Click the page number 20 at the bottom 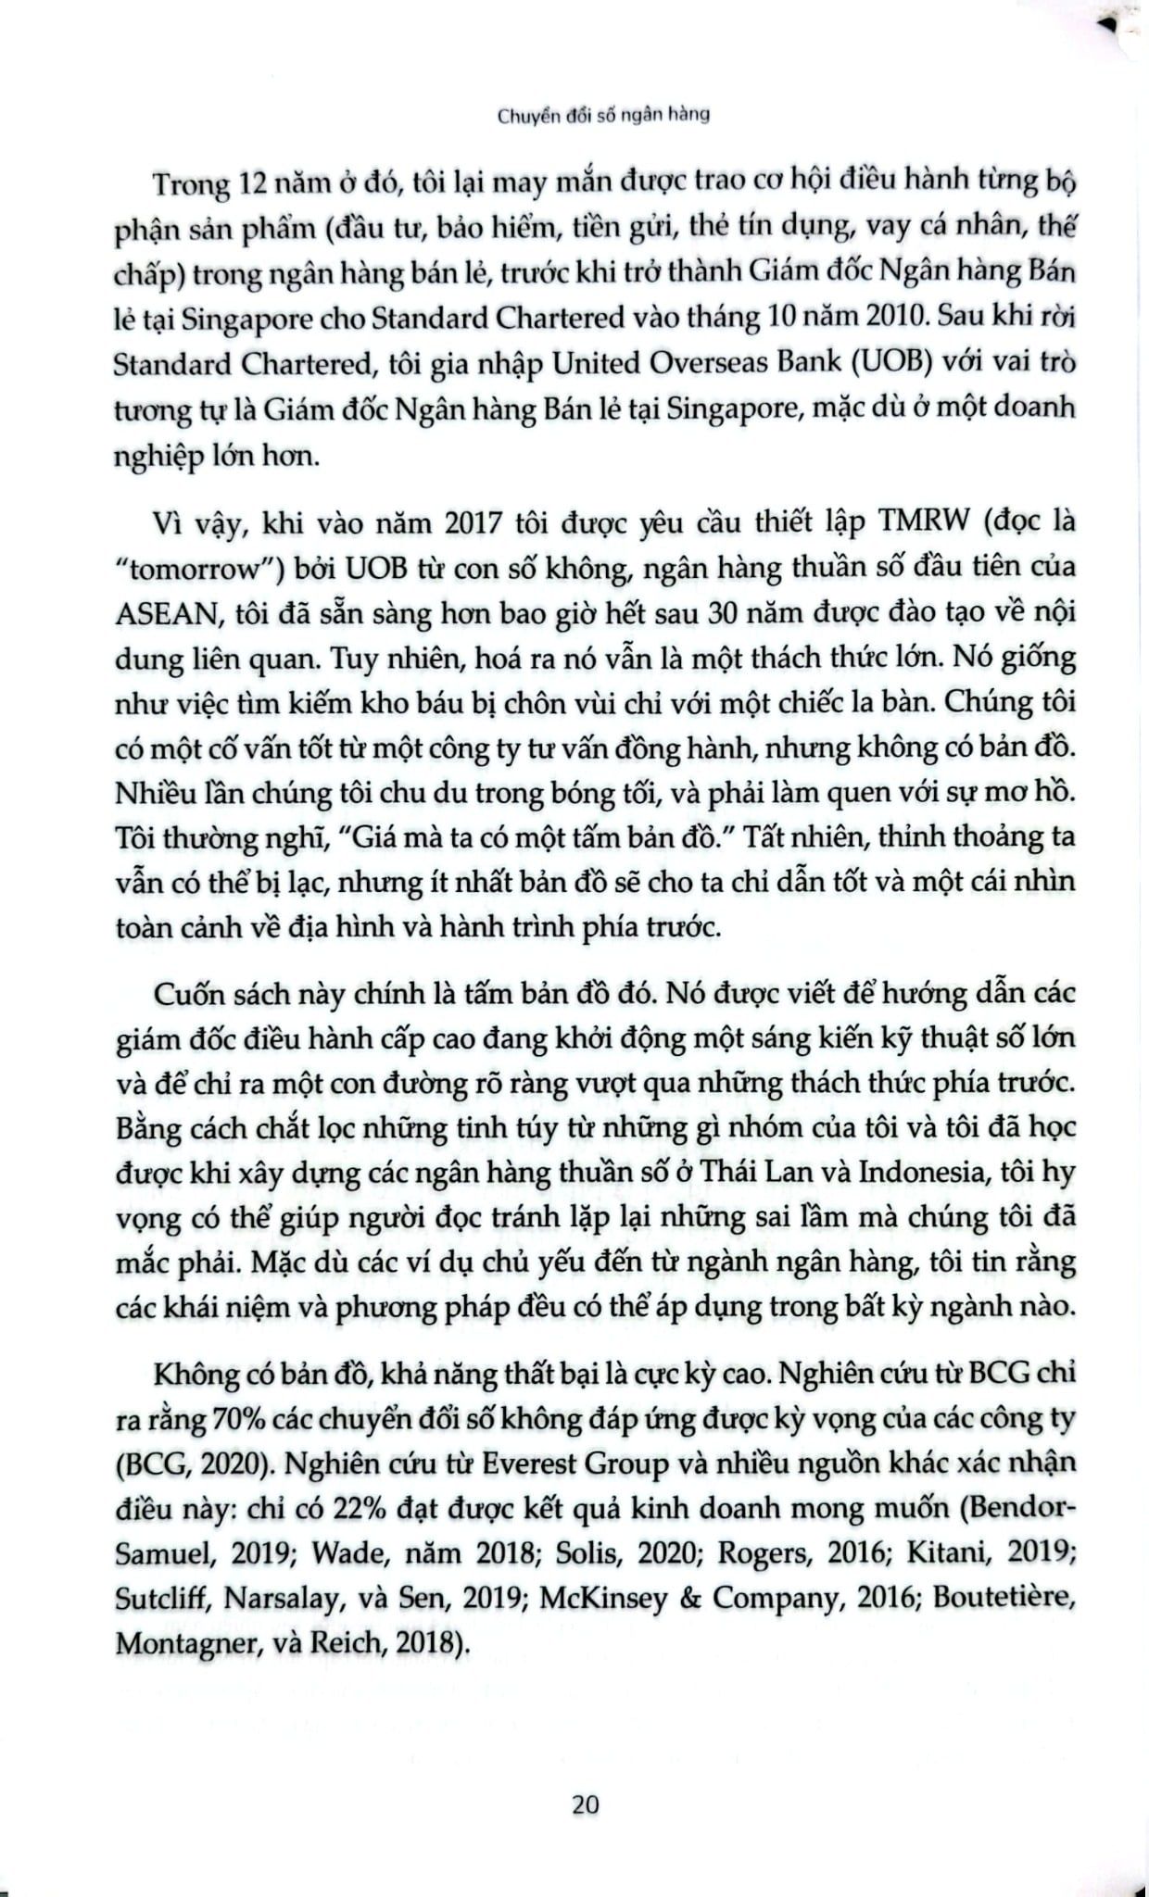tap(586, 1803)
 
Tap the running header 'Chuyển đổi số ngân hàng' tap(604, 117)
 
